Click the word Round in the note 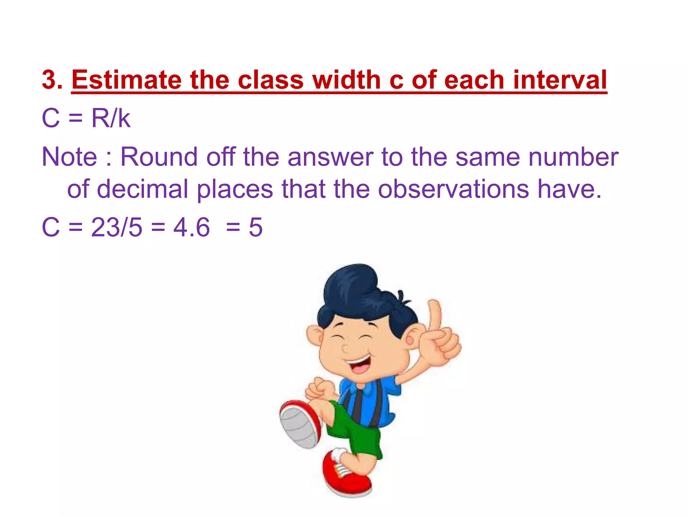(x=159, y=157)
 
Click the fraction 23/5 (x=116, y=227)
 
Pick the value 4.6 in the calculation (x=192, y=227)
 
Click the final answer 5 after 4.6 (x=255, y=227)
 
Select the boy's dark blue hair (x=356, y=292)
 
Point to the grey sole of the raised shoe (x=297, y=427)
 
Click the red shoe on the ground (x=346, y=474)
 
